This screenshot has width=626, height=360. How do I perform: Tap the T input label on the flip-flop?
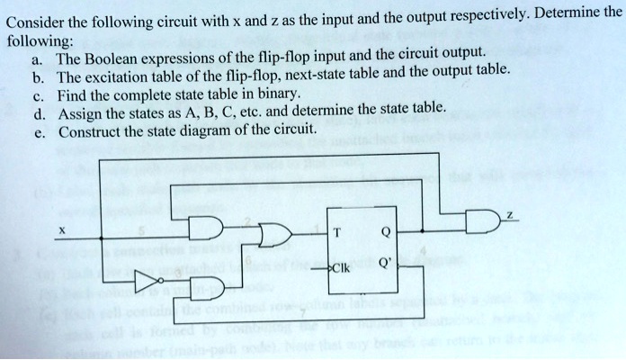[x=335, y=230]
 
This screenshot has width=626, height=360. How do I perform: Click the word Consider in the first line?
[x=37, y=23]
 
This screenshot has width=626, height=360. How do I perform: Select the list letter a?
[x=36, y=58]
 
